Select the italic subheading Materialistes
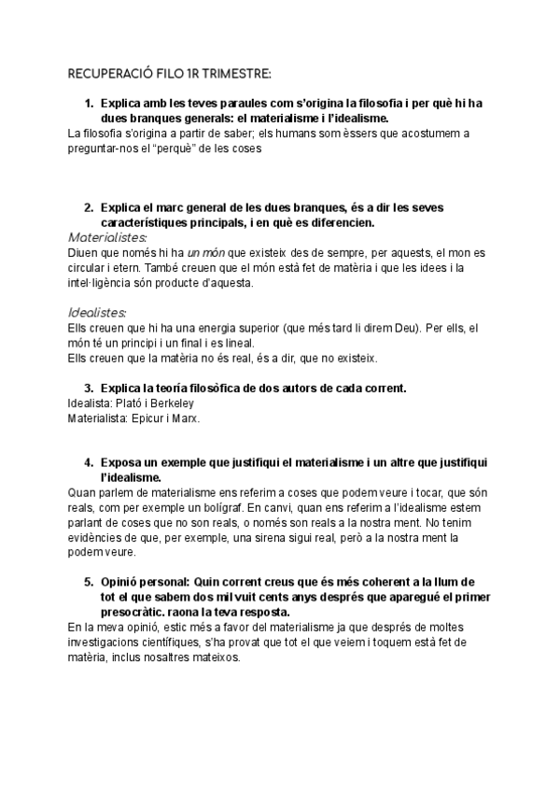click(x=102, y=237)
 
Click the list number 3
click(x=88, y=387)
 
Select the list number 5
click(x=88, y=581)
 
